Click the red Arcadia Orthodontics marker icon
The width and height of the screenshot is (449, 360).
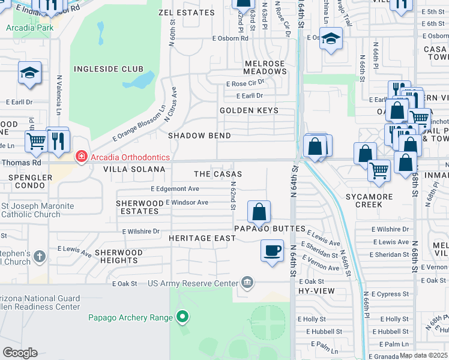pyautogui.click(x=80, y=157)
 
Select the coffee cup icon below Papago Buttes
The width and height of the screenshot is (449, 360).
pyautogui.click(x=272, y=250)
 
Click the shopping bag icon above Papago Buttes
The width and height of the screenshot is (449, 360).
pyautogui.click(x=259, y=212)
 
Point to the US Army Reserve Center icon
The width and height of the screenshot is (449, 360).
pyautogui.click(x=247, y=283)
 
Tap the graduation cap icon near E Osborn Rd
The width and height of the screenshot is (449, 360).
pyautogui.click(x=330, y=40)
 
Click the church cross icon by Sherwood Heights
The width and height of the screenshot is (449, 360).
pyautogui.click(x=40, y=257)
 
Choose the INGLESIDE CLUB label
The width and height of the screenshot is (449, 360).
pyautogui.click(x=108, y=69)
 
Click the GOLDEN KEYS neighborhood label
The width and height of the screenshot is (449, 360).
pyautogui.click(x=249, y=110)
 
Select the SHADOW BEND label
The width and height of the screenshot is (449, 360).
pyautogui.click(x=199, y=136)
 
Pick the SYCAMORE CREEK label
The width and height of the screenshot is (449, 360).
pyautogui.click(x=369, y=200)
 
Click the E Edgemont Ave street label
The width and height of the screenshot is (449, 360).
pyautogui.click(x=175, y=188)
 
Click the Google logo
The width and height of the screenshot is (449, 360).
pyautogui.click(x=20, y=352)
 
